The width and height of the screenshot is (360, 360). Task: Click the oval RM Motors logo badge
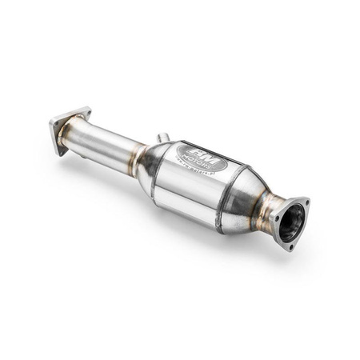click(x=201, y=158)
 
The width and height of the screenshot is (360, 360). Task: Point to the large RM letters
click(x=198, y=152)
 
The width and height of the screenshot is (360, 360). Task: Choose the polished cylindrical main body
click(x=192, y=184)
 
